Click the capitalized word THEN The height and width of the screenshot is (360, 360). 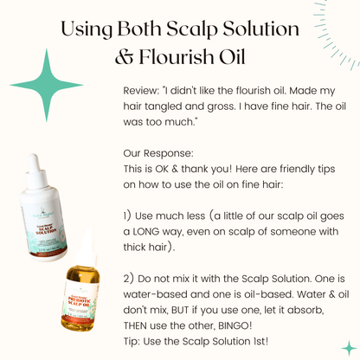(x=139, y=326)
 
